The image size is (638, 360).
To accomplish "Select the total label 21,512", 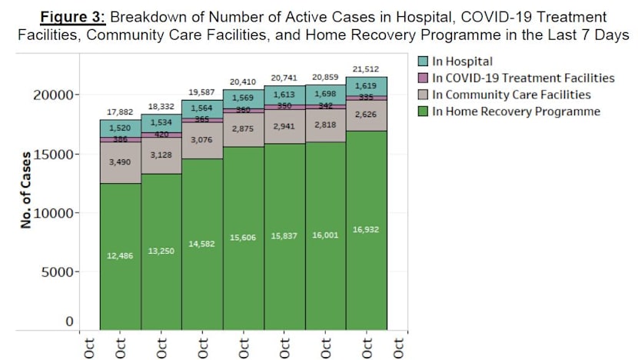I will pyautogui.click(x=367, y=69).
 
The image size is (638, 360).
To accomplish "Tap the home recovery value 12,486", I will pyautogui.click(x=119, y=255).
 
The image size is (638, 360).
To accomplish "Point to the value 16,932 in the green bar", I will pyautogui.click(x=367, y=228).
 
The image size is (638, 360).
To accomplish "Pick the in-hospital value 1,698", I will pyautogui.click(x=325, y=94).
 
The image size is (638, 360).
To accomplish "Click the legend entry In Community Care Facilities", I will pyautogui.click(x=511, y=95).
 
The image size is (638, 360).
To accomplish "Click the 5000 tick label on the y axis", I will pyautogui.click(x=57, y=272).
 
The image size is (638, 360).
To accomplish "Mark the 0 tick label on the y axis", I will pyautogui.click(x=69, y=322).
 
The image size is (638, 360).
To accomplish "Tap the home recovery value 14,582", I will pyautogui.click(x=201, y=244).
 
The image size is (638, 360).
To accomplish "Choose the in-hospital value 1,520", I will pyautogui.click(x=119, y=128).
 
